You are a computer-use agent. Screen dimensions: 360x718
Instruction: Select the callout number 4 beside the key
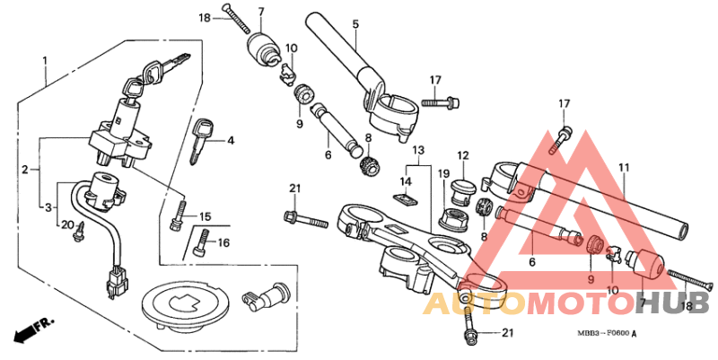[230, 141]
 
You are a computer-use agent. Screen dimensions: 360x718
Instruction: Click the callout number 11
[623, 167]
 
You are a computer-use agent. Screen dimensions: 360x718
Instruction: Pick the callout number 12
[463, 155]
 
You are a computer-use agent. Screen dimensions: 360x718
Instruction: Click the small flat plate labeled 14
[406, 196]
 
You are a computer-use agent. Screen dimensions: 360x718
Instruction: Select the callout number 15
[205, 216]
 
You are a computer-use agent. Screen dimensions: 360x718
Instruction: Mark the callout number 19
[443, 172]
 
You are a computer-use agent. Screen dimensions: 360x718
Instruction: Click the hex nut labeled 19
[451, 217]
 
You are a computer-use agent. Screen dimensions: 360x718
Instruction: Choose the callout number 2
[25, 169]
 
